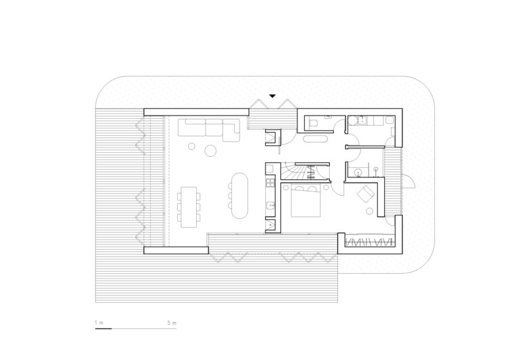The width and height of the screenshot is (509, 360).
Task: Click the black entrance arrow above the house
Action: [x=272, y=96]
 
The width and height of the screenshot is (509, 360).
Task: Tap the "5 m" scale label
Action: [x=172, y=323]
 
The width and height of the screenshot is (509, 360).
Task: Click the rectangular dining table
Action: [x=189, y=205]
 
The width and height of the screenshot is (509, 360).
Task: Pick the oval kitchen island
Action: [x=240, y=194]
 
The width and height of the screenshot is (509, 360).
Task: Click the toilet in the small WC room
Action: [x=314, y=123]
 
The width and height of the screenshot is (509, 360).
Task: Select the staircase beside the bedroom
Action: [x=298, y=173]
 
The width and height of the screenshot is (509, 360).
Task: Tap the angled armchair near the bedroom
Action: [x=367, y=194]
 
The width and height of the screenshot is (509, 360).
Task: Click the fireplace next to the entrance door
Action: [x=273, y=137]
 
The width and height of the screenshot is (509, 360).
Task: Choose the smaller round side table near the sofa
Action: [x=192, y=145]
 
